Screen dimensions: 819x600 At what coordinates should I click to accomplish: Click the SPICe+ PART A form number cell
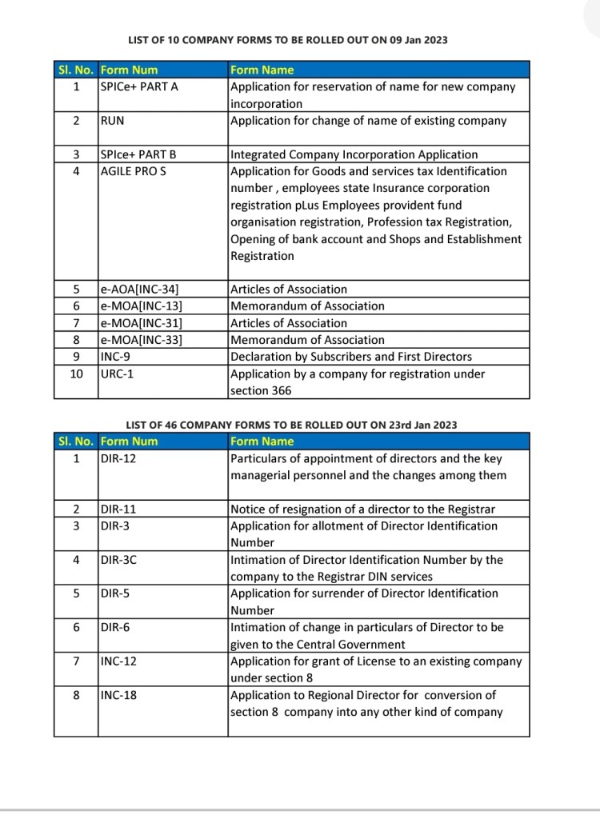pos(139,86)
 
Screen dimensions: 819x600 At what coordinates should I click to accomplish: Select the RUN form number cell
pos(113,121)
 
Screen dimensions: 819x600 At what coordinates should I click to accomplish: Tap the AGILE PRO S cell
pos(134,171)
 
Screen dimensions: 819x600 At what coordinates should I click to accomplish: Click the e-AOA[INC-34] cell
pos(142,290)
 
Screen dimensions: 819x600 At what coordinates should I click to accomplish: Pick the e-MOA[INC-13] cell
pos(142,306)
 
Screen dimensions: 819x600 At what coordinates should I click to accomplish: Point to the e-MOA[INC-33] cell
pos(142,340)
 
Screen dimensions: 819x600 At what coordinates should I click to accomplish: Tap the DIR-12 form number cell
pos(118,458)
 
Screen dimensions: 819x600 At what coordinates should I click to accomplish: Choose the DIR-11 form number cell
pos(118,509)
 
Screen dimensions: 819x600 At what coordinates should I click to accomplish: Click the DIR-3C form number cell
pos(119,560)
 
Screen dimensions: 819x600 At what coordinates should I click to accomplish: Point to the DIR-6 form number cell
pos(116,628)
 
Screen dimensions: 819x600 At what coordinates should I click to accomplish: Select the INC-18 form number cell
pos(119,695)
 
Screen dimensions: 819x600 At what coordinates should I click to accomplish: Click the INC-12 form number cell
pos(119,661)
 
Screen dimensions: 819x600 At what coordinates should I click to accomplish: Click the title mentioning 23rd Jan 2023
pos(291,425)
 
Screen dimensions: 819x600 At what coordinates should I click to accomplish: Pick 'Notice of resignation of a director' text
pos(362,509)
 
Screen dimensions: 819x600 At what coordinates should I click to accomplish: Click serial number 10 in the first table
pos(77,374)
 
